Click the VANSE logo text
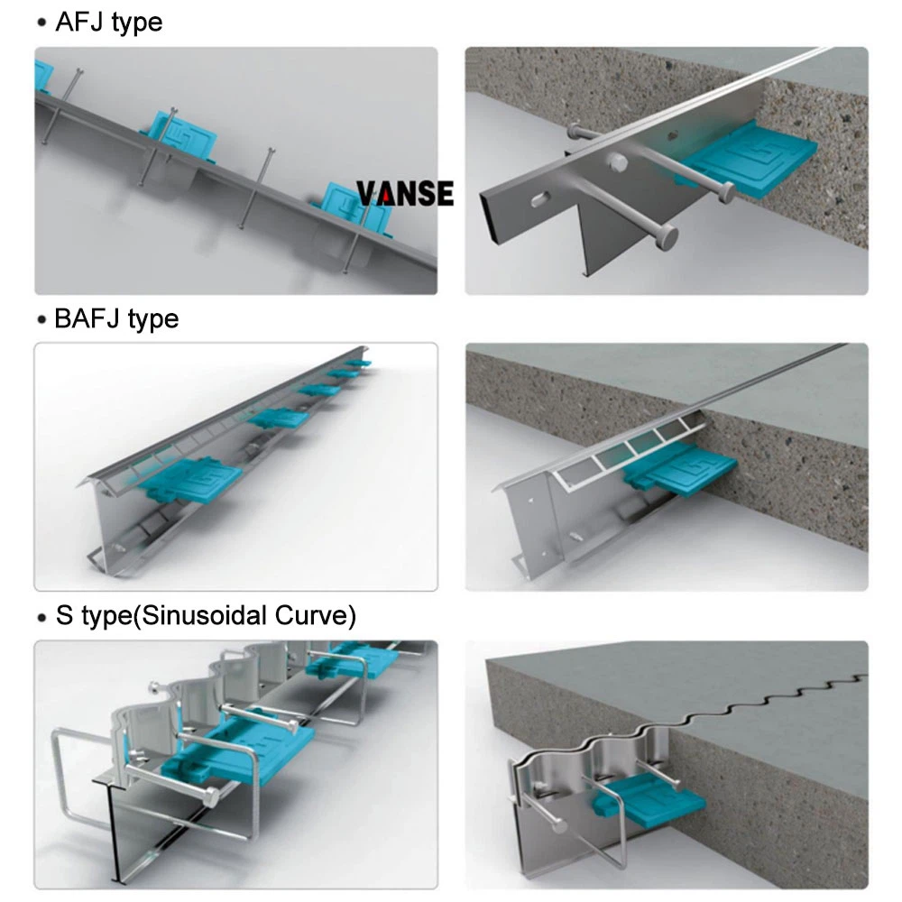pos(405,192)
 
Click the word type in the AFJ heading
pos(136,22)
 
